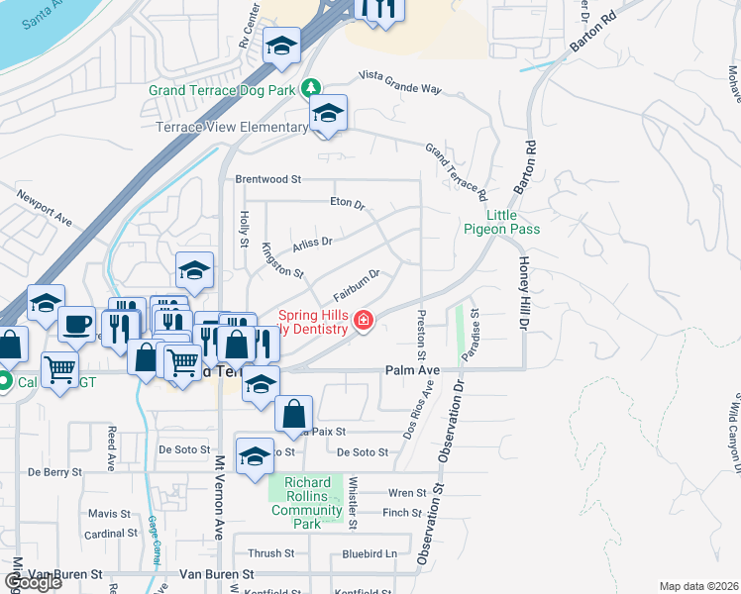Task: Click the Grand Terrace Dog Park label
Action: tap(223, 90)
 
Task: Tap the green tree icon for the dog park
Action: tap(311, 88)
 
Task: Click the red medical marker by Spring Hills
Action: tap(364, 320)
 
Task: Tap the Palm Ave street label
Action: tap(411, 370)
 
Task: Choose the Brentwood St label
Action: tap(267, 179)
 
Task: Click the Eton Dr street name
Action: tap(348, 203)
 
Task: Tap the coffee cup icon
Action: tap(76, 323)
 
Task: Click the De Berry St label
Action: tap(54, 472)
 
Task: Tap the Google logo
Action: tap(33, 582)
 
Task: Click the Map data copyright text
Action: tap(697, 586)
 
